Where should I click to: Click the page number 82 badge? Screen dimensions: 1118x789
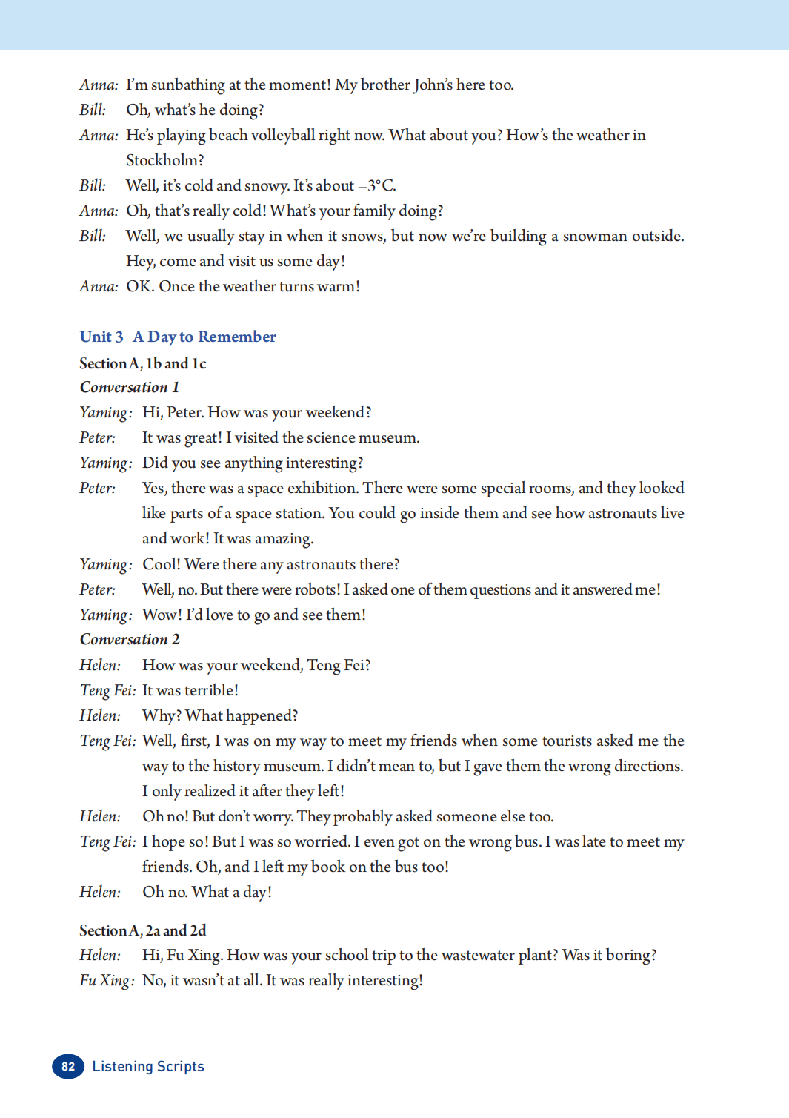[68, 1066]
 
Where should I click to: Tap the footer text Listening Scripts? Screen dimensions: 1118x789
[148, 1066]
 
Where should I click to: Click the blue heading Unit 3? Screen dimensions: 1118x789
[101, 337]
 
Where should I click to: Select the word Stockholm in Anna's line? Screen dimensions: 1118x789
[164, 160]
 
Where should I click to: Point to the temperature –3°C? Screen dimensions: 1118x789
[376, 185]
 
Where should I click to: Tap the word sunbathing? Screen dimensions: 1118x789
[188, 85]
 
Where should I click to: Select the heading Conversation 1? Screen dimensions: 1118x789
[130, 387]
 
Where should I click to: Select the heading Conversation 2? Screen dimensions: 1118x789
[130, 639]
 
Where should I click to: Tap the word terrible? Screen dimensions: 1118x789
[210, 690]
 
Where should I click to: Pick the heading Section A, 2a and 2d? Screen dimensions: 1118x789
[143, 930]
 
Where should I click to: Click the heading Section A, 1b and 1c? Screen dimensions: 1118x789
[143, 363]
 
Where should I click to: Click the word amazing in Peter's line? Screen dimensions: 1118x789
[284, 538]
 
